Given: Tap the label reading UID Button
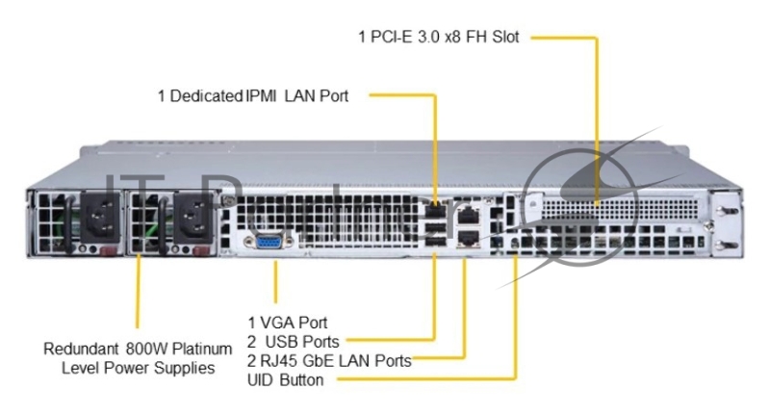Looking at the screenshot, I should pyautogui.click(x=285, y=380).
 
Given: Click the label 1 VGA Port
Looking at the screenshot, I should pyautogui.click(x=287, y=322).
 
